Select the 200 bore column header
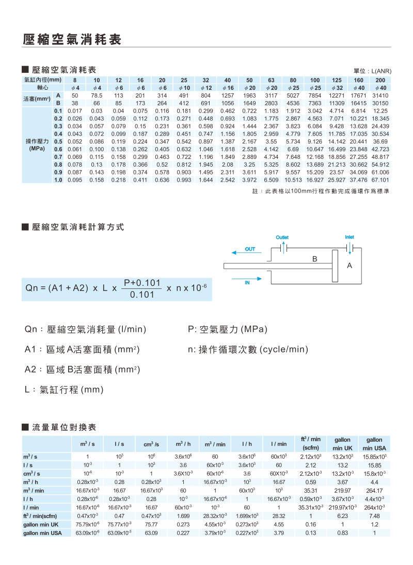click(x=380, y=80)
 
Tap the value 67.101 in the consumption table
click(x=380, y=180)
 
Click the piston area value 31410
click(x=380, y=96)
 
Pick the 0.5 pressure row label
click(x=58, y=141)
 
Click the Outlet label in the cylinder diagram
click(x=282, y=237)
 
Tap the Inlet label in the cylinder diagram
click(x=350, y=237)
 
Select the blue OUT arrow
click(x=250, y=250)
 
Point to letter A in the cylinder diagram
click(x=350, y=266)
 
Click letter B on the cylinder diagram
click(x=313, y=259)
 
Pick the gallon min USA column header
click(x=374, y=444)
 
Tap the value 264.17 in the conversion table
click(x=374, y=490)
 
